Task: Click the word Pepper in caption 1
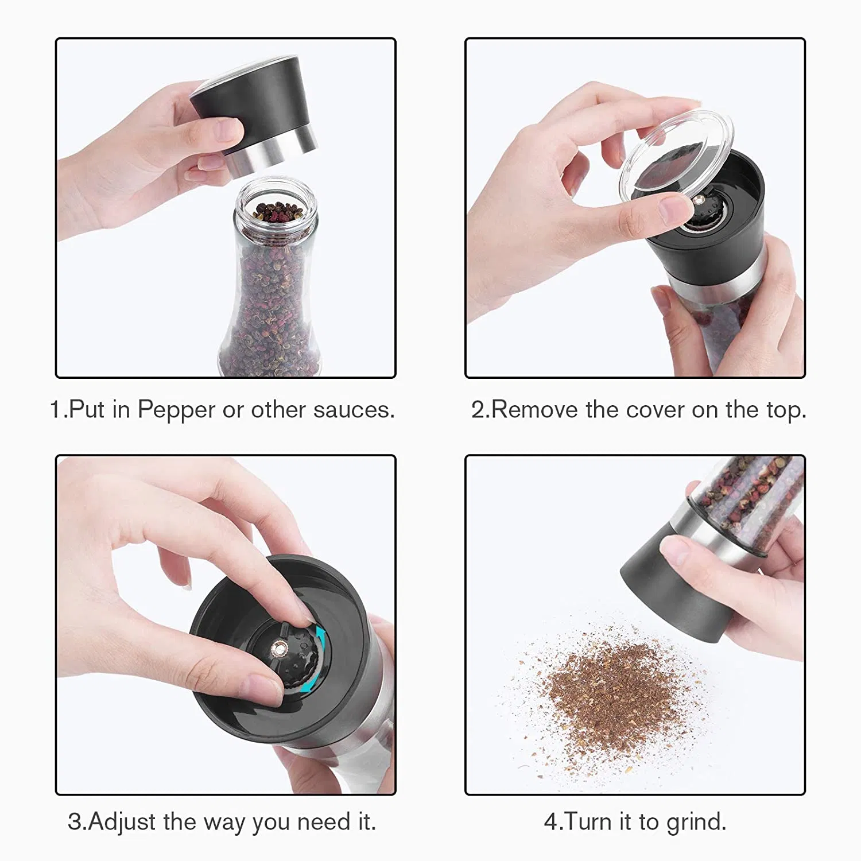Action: (176, 410)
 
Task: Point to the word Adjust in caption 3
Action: (122, 822)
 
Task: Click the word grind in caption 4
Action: (695, 822)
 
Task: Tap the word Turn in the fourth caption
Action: (590, 822)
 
